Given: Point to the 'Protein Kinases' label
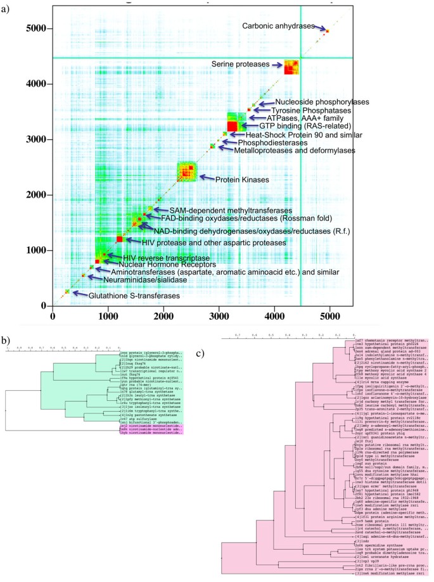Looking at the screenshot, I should pyautogui.click(x=239, y=180).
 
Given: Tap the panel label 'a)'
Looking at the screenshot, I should pyautogui.click(x=7, y=8).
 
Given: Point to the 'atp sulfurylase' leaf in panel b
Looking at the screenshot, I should pyautogui.click(x=133, y=419).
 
